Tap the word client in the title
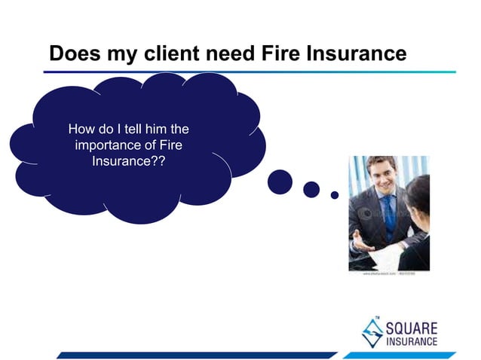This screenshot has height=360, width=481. pos(161,53)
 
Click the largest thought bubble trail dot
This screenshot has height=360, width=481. pos(280,181)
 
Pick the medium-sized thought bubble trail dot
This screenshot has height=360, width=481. pos(311,189)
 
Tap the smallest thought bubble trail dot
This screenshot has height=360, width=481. pos(335,195)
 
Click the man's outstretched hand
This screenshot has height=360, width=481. pos(364,248)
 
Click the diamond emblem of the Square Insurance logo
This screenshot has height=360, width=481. pos(372,331)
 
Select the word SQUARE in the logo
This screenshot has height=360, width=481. pos(412,327)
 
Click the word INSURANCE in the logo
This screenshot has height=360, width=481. pos(412,342)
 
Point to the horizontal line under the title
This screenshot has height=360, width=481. pos(249,72)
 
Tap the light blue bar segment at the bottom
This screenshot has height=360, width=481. pos(399,355)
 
